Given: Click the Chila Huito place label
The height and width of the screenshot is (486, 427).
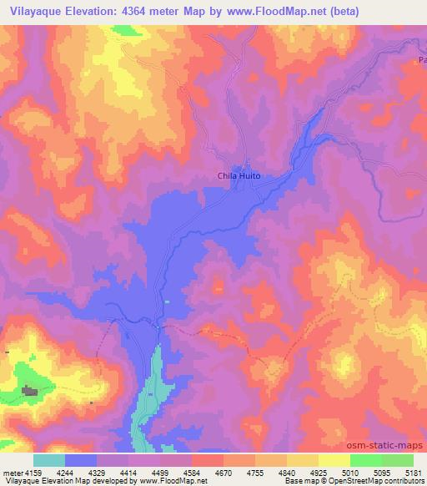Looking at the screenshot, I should [x=239, y=175].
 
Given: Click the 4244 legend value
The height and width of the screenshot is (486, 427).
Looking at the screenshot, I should [x=65, y=472].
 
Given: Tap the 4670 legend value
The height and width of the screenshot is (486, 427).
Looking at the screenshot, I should [x=224, y=472].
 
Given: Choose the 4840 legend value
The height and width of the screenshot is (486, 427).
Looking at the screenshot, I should [x=287, y=472].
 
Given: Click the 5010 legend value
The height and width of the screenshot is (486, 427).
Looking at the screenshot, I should [x=350, y=472].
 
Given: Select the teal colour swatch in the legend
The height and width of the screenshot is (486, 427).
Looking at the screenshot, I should [x=48, y=460].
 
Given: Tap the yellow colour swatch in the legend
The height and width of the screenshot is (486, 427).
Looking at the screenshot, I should [x=334, y=460].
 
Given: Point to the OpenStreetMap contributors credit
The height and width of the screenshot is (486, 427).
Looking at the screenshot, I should [x=373, y=482].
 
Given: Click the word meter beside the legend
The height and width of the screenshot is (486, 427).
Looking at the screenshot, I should [x=12, y=472].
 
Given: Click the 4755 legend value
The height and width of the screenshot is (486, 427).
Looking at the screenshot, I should [x=255, y=472].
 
